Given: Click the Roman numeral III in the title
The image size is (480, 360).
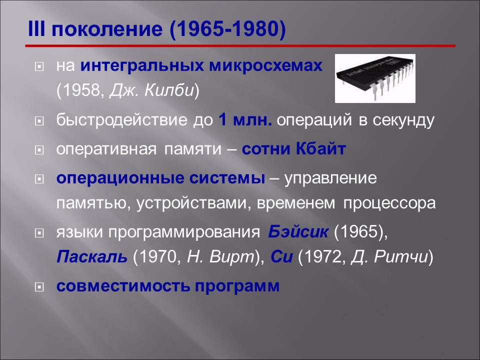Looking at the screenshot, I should tap(35, 31).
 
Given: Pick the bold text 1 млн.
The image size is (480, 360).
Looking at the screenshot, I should tap(245, 120).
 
